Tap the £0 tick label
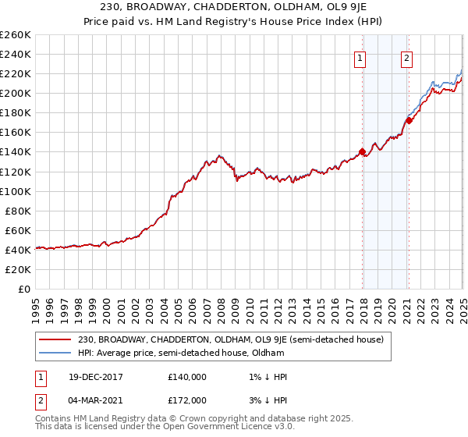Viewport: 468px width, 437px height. [x=24, y=289]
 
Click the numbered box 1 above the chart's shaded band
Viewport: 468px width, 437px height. [x=360, y=57]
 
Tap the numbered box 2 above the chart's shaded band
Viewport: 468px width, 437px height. [x=407, y=57]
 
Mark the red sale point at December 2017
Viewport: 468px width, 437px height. [x=362, y=152]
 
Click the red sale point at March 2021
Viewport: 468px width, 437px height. [x=408, y=121]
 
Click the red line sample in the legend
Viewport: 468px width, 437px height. [x=55, y=339]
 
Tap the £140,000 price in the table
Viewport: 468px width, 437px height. [x=186, y=376]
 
